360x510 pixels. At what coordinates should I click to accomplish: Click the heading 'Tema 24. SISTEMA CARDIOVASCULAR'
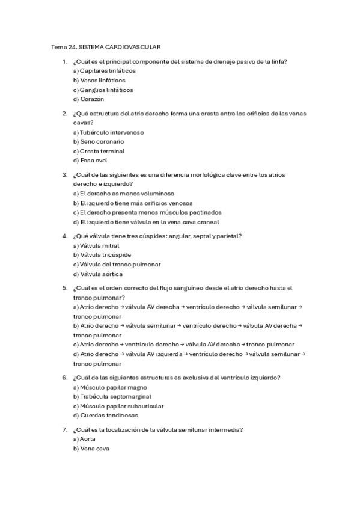pos(105,46)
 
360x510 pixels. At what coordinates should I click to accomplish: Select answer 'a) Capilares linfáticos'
pos(104,70)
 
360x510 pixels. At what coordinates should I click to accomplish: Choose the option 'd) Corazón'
pos(88,99)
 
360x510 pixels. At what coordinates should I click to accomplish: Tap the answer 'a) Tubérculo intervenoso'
pos(108,132)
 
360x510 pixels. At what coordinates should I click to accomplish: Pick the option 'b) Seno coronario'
pos(99,141)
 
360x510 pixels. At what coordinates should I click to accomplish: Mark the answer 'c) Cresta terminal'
pos(99,151)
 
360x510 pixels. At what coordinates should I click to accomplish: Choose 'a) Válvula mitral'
pos(96,245)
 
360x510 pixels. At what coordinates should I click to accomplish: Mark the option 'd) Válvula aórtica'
pos(97,274)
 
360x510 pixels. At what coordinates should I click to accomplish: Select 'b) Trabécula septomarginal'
pos(112,396)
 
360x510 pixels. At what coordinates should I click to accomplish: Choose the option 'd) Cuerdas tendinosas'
pos(105,416)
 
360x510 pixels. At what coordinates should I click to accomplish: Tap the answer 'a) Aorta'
pos(84,439)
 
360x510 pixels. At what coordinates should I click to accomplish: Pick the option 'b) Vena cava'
pos(91,449)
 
